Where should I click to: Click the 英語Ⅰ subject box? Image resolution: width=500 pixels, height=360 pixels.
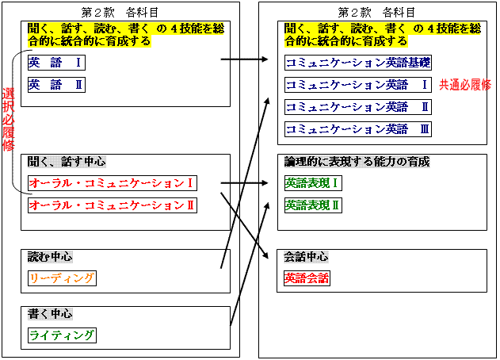[56, 63]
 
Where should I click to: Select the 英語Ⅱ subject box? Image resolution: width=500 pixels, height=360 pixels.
[56, 85]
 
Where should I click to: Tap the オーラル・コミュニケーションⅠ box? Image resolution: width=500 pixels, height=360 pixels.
[113, 183]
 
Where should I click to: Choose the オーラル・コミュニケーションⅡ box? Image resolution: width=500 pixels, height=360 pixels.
[113, 205]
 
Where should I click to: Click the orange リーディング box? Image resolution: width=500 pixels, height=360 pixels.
[62, 278]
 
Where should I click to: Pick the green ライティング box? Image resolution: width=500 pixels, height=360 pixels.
[62, 335]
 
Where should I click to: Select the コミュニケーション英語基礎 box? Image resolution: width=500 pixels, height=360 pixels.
[358, 63]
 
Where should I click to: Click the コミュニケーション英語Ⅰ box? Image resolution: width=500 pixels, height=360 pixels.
[358, 85]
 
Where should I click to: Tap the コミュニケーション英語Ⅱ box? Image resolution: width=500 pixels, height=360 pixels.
[358, 107]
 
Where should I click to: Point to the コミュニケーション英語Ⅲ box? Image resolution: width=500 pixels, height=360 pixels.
[358, 129]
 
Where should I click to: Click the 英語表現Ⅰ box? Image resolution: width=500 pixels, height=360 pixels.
[313, 183]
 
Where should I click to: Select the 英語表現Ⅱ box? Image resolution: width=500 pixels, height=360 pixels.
[313, 205]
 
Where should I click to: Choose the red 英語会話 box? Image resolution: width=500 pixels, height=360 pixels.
[307, 278]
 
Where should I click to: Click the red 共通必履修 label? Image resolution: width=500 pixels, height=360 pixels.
[465, 85]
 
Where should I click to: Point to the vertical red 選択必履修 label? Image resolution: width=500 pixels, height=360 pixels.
[8, 120]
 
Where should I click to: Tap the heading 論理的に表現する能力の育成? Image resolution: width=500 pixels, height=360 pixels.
[357, 162]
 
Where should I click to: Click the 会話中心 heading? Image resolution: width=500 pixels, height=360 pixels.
[306, 257]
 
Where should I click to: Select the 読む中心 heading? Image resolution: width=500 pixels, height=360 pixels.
[50, 257]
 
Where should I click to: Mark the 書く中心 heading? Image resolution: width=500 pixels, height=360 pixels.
[50, 314]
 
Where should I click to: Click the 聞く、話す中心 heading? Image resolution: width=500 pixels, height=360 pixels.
[67, 162]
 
